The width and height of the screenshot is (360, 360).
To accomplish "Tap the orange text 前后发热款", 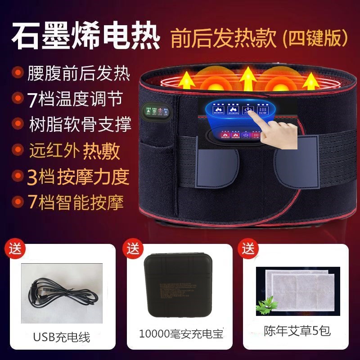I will [223, 39].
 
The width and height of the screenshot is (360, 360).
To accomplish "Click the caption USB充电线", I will [61, 337].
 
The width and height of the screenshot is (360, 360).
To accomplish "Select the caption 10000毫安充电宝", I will [181, 334].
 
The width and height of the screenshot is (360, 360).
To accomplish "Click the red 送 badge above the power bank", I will [132, 248].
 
